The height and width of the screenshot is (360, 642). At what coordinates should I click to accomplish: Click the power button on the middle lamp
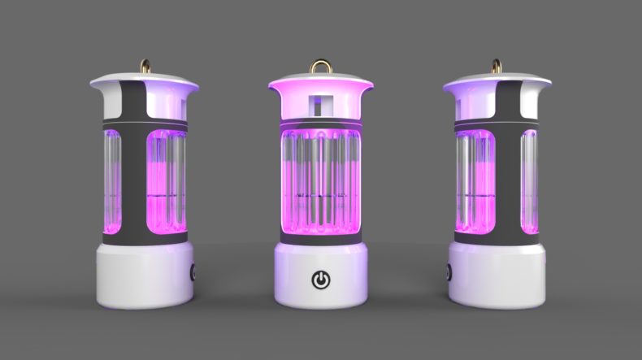322,280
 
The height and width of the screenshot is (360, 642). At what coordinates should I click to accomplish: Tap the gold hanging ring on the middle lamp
322,64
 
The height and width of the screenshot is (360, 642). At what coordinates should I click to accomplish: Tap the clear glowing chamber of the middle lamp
322,183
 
